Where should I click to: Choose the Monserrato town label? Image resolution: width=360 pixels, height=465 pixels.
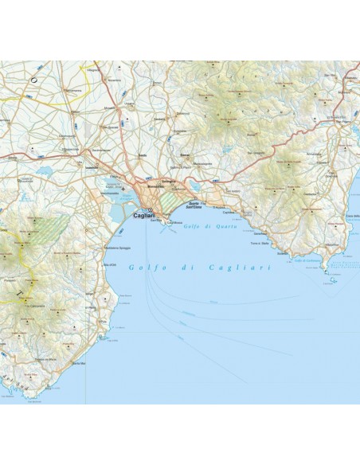[158, 186]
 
